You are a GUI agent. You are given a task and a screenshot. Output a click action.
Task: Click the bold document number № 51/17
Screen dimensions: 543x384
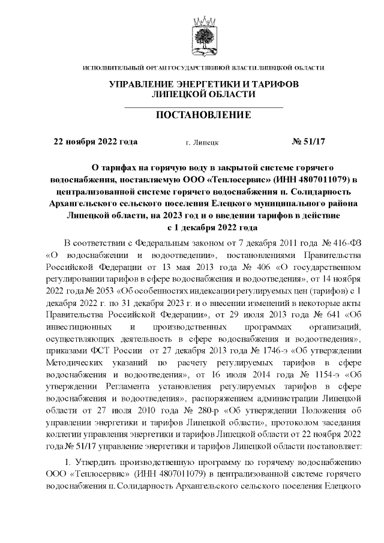(307, 142)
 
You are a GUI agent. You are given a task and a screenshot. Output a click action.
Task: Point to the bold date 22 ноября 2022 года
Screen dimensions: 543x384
(96, 142)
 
